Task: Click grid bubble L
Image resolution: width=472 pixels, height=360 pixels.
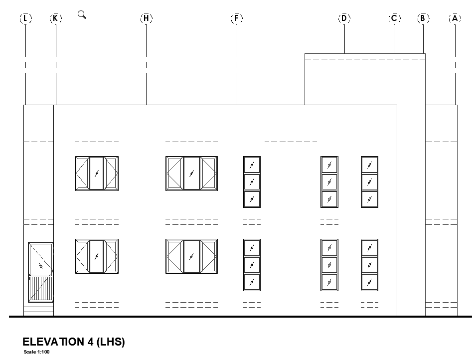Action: tap(25, 18)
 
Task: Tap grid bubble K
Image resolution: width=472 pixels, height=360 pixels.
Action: tap(55, 18)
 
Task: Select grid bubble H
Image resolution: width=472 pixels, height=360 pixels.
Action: tap(147, 18)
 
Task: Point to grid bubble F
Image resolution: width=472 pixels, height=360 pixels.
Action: tap(237, 18)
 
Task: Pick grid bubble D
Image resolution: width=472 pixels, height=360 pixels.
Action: tap(344, 18)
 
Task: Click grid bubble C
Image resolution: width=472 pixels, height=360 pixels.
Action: tap(395, 18)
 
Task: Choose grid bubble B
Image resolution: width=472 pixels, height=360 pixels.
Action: tap(423, 18)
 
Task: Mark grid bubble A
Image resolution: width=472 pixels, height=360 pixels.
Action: tap(455, 18)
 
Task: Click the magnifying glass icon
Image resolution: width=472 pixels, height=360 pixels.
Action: tap(82, 14)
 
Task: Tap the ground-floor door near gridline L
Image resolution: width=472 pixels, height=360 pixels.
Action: tap(41, 272)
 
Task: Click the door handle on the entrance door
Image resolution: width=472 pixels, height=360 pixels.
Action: tap(30, 275)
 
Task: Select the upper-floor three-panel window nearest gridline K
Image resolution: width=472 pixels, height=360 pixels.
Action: tap(97, 174)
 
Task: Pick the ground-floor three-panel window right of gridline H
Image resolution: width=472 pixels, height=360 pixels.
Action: tap(191, 256)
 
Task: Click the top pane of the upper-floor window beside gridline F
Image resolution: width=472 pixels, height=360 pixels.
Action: tap(252, 165)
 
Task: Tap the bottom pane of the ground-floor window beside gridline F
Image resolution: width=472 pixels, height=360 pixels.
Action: tap(252, 282)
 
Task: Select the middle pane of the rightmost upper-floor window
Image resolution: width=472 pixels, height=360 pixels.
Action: tap(370, 182)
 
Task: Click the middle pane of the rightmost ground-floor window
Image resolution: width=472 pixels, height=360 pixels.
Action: tap(370, 265)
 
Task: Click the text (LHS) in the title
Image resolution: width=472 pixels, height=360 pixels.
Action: tap(111, 342)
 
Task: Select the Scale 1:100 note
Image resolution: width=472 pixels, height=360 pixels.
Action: tap(37, 352)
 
